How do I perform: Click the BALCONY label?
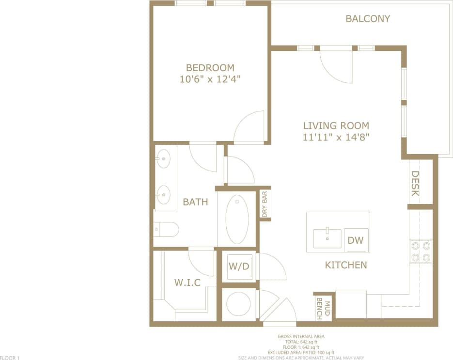368,19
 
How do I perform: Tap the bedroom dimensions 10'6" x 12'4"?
210,79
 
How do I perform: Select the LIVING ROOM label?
336,125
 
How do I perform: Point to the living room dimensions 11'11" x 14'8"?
336,137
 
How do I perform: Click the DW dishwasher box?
355,240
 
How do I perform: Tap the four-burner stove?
420,251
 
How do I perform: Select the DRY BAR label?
265,203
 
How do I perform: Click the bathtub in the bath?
237,219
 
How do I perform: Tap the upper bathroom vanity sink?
163,158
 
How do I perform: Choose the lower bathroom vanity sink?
163,195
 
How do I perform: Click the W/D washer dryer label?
238,266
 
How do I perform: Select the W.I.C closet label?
187,282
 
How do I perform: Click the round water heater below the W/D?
238,304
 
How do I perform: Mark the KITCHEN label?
345,265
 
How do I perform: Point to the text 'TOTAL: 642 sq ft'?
301,342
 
